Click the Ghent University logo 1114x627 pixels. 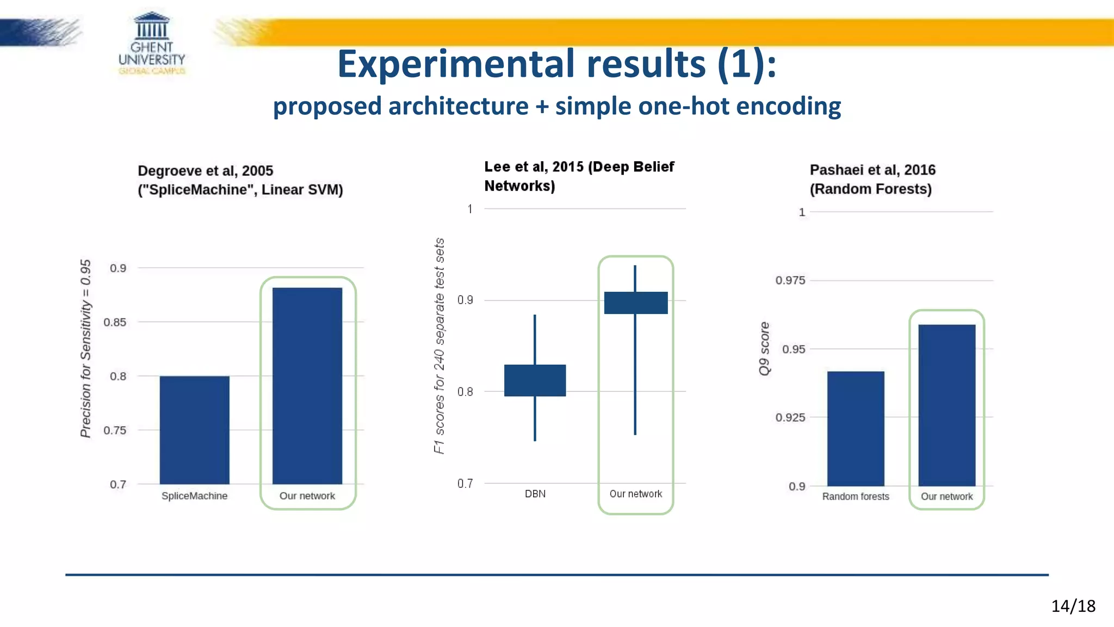[152, 44]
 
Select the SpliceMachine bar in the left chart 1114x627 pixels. [194, 430]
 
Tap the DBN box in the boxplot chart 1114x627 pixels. [535, 380]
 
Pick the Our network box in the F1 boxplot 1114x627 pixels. [635, 303]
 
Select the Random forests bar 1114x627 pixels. [856, 428]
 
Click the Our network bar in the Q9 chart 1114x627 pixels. [946, 405]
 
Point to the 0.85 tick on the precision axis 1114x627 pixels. [115, 322]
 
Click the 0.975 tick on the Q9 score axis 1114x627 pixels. [790, 280]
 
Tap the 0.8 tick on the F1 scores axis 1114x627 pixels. [465, 392]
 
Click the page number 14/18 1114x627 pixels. [1073, 606]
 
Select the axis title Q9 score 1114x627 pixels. [764, 348]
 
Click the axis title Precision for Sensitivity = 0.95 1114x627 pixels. [85, 348]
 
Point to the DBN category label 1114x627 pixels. [535, 494]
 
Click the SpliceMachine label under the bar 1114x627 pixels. [194, 496]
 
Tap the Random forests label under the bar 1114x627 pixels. [856, 496]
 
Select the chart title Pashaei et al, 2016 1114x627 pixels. [872, 170]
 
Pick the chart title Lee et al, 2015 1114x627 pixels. [579, 167]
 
